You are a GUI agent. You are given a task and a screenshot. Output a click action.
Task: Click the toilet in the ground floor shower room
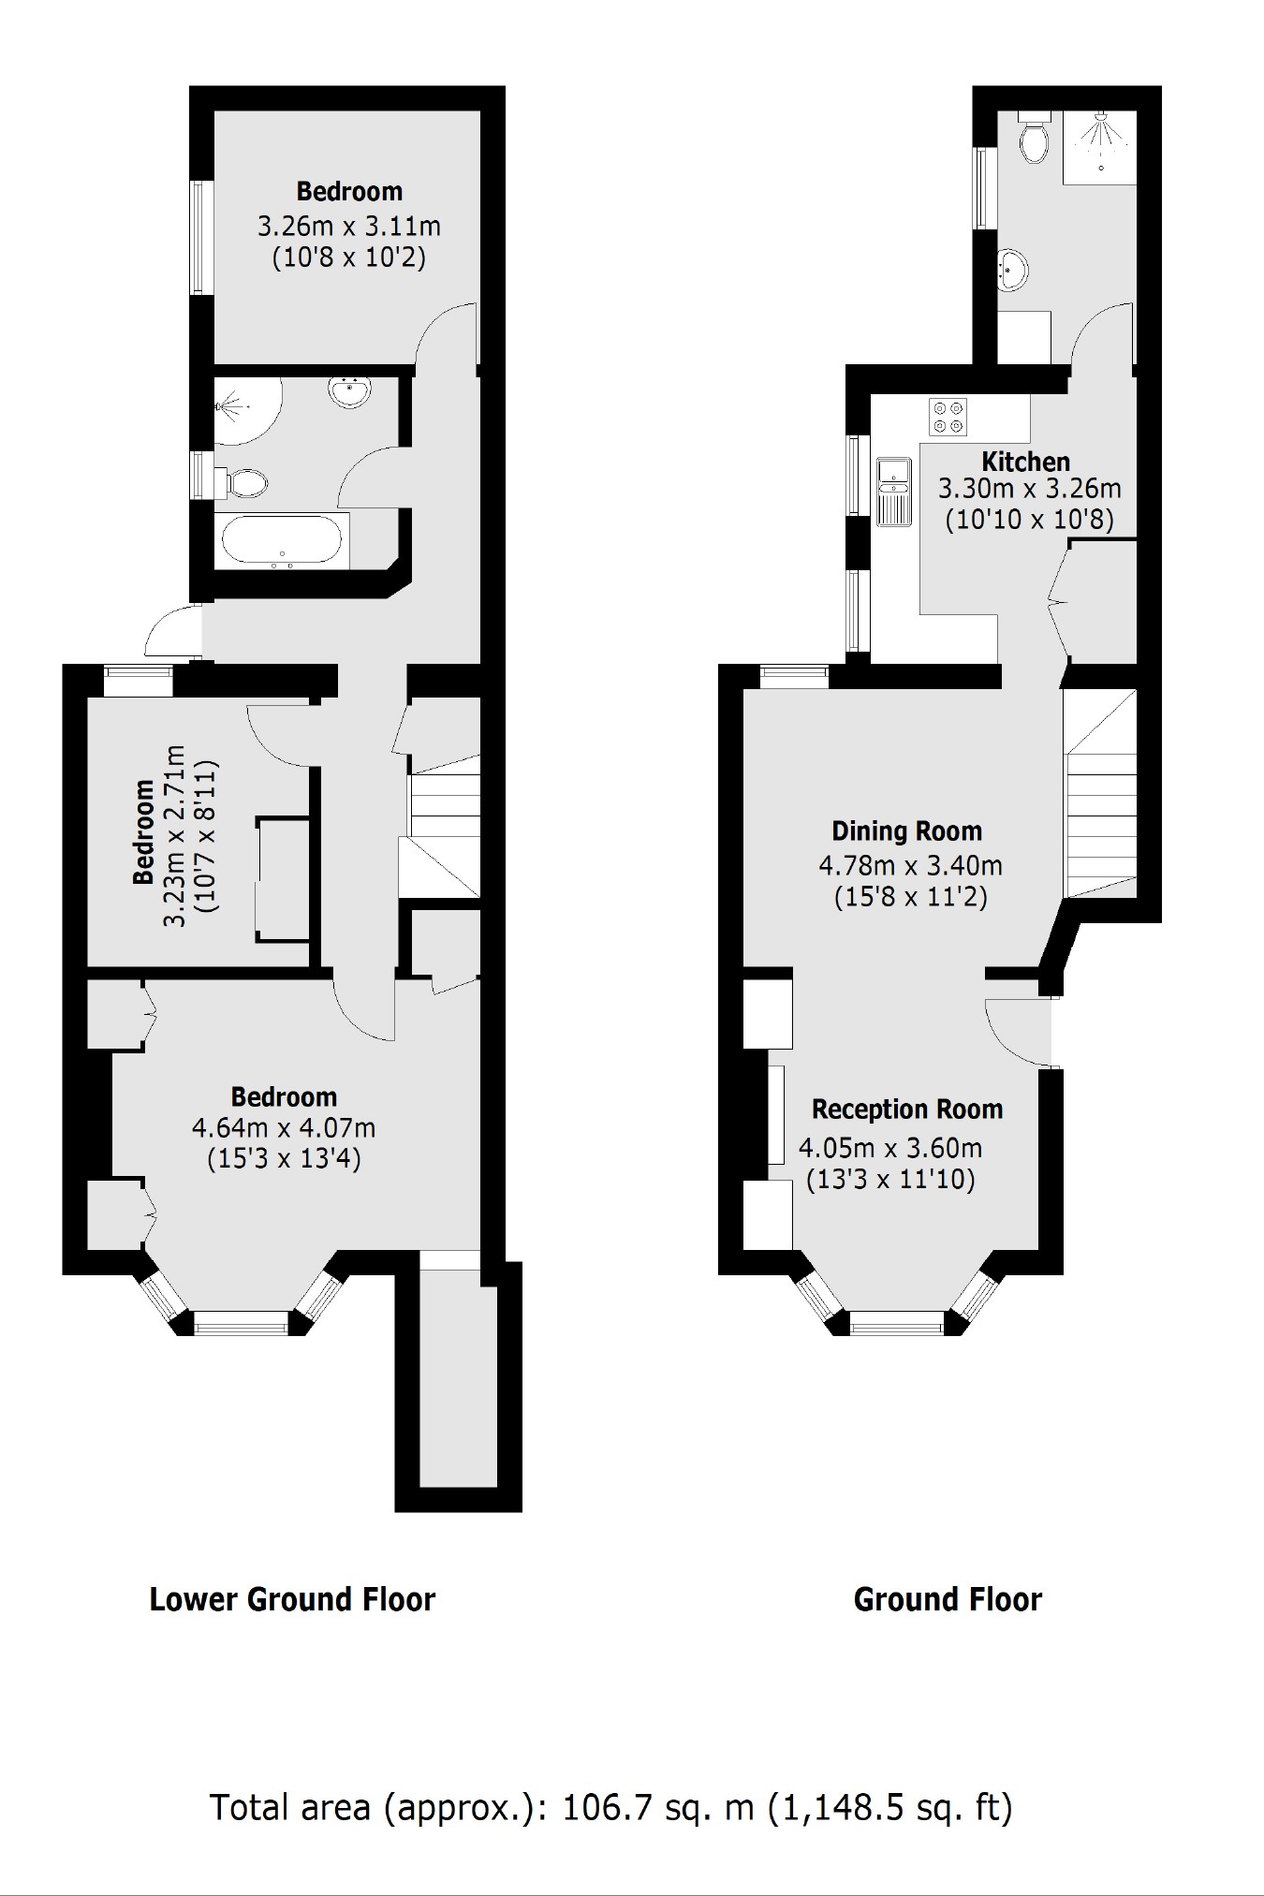pos(1034,140)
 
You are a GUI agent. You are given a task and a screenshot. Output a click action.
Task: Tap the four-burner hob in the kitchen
pos(948,417)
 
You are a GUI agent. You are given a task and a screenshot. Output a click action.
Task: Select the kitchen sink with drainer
pos(894,491)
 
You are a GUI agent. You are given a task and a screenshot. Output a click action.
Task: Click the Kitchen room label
pos(1025,462)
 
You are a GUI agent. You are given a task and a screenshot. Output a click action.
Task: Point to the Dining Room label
pos(906,831)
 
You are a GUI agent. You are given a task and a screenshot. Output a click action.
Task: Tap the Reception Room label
pos(906,1110)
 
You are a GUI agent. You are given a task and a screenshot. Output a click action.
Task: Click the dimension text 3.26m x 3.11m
pos(348,227)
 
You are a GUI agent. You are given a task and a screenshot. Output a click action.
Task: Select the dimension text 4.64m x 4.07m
pos(283,1128)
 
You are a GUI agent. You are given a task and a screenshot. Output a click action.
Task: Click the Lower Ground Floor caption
pos(292,1599)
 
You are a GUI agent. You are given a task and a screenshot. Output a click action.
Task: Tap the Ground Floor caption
pos(947,1599)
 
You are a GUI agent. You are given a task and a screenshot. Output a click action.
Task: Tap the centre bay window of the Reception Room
pos(896,1322)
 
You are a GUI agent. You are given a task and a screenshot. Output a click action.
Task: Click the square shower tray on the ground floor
pos(1099,148)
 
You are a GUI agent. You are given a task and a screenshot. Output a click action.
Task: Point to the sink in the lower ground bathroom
pos(350,391)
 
